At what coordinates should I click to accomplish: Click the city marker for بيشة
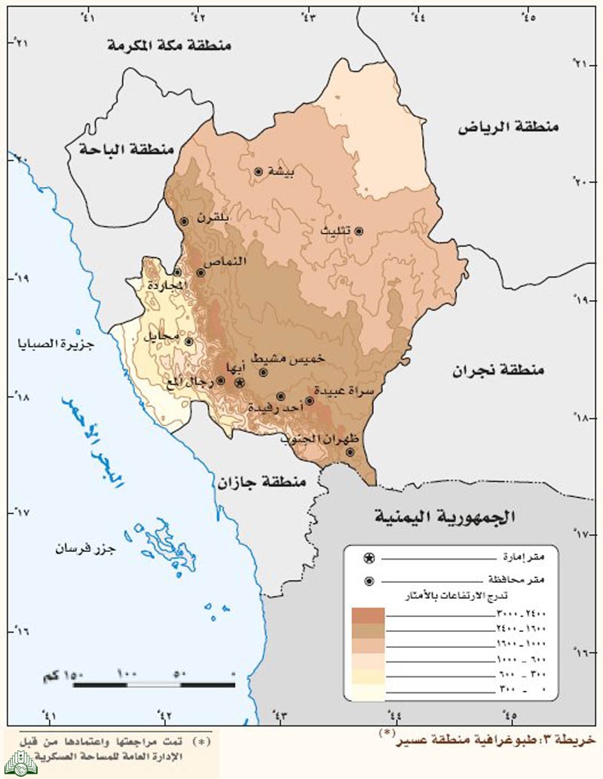click(258, 172)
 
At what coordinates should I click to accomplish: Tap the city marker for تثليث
click(359, 232)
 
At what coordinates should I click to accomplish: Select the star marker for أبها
click(240, 383)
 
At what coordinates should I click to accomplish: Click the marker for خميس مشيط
click(264, 372)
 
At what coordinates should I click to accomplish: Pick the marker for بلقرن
click(184, 221)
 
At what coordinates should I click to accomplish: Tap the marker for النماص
click(200, 272)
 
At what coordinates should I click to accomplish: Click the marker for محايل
click(188, 341)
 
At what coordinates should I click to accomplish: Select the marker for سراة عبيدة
click(309, 400)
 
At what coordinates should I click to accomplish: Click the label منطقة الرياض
click(510, 127)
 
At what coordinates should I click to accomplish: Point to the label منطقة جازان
click(263, 481)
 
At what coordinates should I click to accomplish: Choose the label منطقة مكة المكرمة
click(169, 46)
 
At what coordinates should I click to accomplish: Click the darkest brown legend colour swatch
click(368, 614)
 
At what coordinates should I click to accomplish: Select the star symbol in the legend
click(369, 558)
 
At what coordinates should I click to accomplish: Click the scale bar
click(155, 683)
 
